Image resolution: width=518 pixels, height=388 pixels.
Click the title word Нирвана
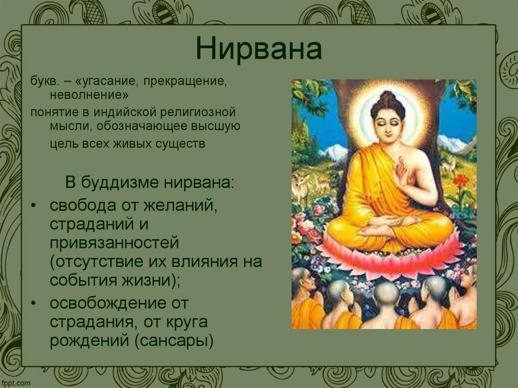(x=258, y=50)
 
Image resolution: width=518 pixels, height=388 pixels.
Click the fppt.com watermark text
(x=15, y=382)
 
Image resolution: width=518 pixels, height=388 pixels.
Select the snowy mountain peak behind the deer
(x=334, y=150)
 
